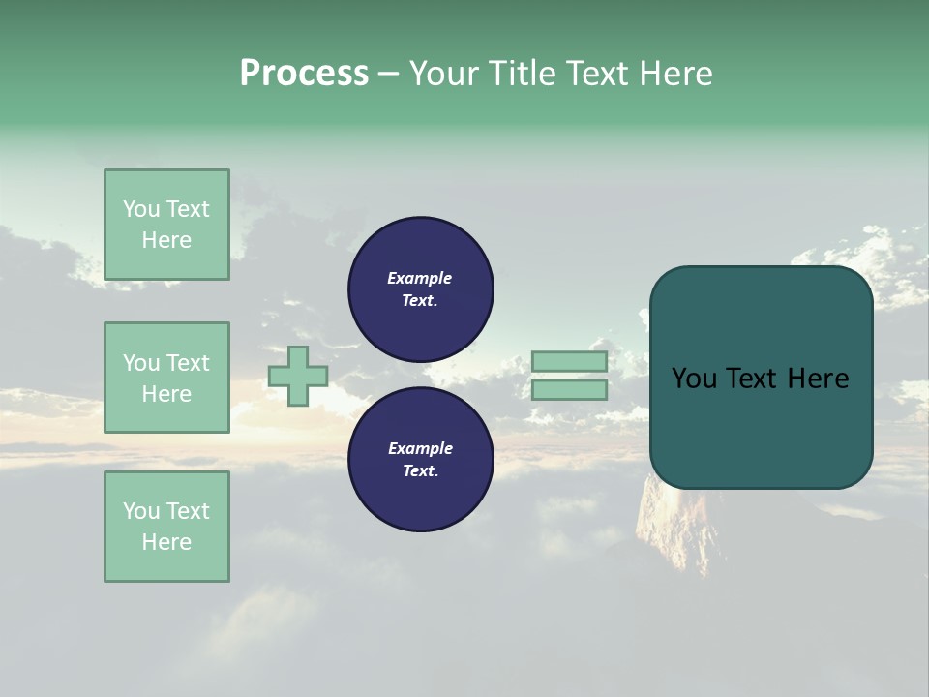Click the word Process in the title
click(304, 73)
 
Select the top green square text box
click(166, 225)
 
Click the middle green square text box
click(166, 378)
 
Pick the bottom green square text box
click(166, 527)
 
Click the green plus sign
click(298, 376)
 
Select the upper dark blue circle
click(421, 288)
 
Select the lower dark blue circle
click(421, 459)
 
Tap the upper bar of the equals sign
click(569, 362)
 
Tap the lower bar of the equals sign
click(569, 390)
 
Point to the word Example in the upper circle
click(420, 278)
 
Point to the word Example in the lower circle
click(420, 448)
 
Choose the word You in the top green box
click(140, 209)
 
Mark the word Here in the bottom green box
click(166, 542)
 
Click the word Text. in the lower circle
click(420, 470)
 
